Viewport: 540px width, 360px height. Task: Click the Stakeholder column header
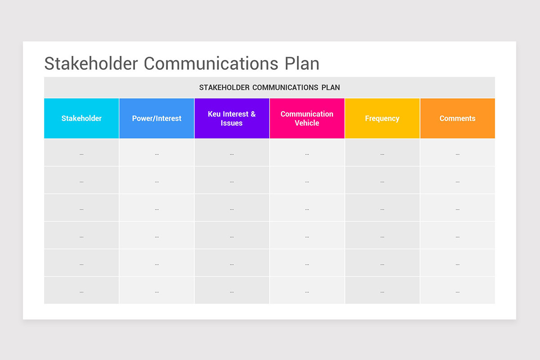(81, 118)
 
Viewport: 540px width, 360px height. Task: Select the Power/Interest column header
(157, 118)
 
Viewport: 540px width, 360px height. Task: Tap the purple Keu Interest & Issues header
(232, 118)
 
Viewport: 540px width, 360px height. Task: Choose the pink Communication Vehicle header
(307, 118)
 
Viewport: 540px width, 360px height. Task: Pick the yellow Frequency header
(382, 118)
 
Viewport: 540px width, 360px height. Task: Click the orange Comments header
(457, 118)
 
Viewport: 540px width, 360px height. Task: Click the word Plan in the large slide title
(302, 63)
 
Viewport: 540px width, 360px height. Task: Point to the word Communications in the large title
(211, 63)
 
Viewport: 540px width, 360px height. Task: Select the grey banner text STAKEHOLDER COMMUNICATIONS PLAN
(269, 87)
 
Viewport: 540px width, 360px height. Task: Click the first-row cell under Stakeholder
(81, 153)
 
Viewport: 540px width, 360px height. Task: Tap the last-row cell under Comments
(457, 291)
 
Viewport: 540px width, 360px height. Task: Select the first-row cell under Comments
(457, 153)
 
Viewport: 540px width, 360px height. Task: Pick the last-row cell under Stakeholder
(81, 291)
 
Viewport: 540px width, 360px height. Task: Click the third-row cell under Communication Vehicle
(307, 208)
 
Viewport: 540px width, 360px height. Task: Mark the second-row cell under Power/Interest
(157, 180)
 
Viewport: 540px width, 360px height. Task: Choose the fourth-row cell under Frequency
(382, 235)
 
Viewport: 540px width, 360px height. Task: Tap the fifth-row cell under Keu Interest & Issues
(232, 263)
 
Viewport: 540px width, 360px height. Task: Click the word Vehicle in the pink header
(307, 123)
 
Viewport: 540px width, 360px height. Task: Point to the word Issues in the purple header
(232, 123)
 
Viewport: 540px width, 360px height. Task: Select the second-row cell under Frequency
(382, 180)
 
